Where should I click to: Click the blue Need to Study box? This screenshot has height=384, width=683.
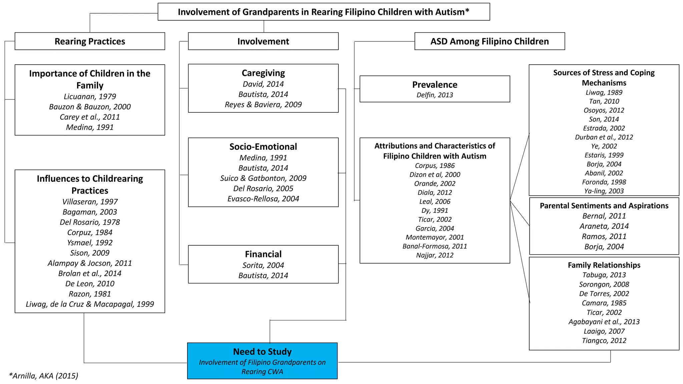262,361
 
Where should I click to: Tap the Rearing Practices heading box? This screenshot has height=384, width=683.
90,41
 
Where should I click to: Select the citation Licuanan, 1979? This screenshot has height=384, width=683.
90,97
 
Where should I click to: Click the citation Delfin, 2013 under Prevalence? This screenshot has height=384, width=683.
435,95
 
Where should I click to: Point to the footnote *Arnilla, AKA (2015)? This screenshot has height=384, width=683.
44,376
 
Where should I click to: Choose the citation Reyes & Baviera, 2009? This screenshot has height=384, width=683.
263,105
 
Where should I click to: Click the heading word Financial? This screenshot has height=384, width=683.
263,254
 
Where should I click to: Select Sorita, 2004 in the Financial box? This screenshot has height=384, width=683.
263,265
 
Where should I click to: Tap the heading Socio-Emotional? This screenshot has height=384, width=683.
263,147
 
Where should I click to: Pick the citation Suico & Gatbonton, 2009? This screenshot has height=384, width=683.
263,178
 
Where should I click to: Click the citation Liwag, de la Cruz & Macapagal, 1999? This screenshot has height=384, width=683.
90,304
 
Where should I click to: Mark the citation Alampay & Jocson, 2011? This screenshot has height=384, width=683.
90,263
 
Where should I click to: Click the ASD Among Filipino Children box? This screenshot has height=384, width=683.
489,41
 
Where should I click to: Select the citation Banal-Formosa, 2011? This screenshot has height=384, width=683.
435,246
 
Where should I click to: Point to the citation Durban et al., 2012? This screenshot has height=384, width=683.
604,137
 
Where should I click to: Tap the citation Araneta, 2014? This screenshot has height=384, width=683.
604,226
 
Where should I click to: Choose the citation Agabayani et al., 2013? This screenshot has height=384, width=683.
604,322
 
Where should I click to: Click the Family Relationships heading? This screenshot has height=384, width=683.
604,265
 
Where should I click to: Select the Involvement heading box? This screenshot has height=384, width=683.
263,41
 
